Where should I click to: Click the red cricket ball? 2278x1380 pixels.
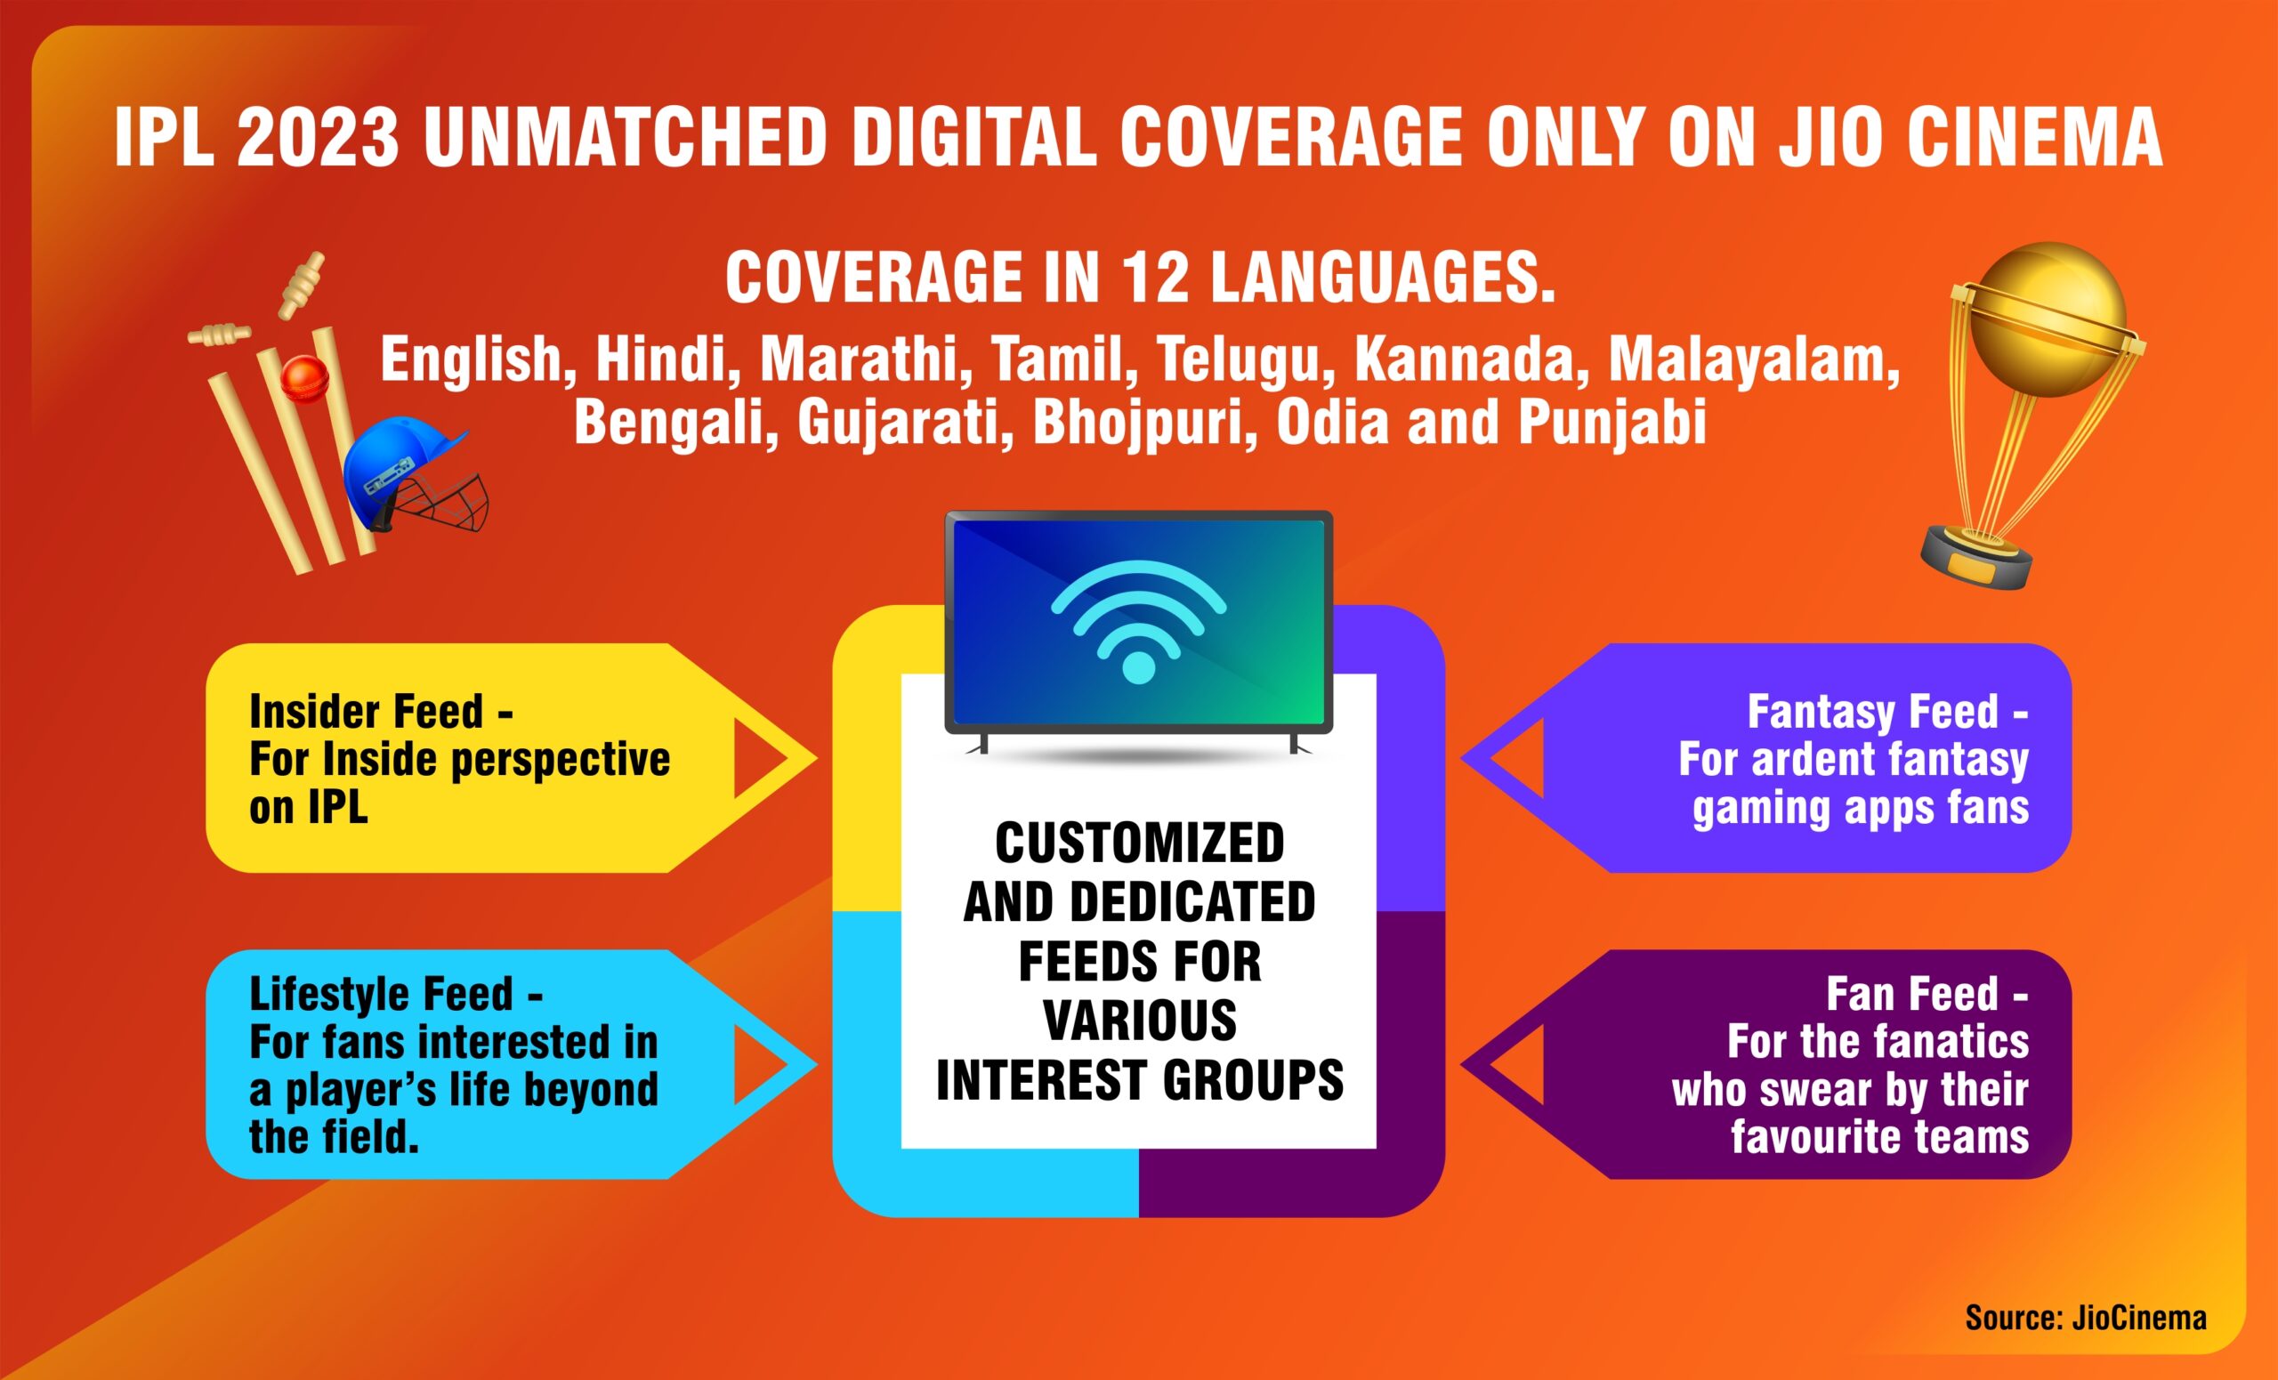[305, 379]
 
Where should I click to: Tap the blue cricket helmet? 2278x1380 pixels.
[414, 473]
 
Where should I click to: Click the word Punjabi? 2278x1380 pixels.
[1612, 424]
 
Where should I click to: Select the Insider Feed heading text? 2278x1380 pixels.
[380, 712]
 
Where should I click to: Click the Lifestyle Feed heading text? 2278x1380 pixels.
[396, 994]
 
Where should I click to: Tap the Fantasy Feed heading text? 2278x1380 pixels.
[1888, 712]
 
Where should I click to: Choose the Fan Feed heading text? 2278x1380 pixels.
[1927, 994]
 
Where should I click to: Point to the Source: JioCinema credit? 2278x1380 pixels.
[2086, 1317]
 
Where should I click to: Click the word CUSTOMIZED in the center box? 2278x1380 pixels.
[1139, 842]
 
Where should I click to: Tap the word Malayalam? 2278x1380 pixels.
[1754, 360]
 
